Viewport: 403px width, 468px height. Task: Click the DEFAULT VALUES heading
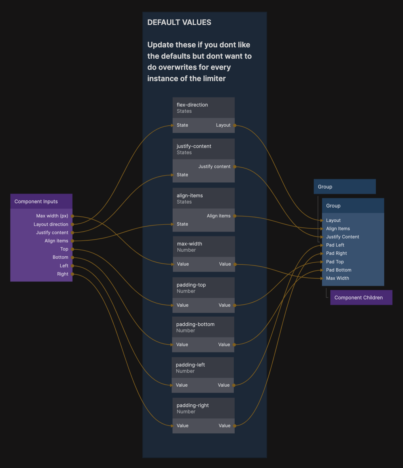click(x=179, y=22)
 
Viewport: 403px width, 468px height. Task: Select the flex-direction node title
click(x=192, y=105)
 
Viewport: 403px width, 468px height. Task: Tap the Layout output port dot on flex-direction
click(x=235, y=125)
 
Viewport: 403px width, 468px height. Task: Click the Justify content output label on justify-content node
click(x=214, y=166)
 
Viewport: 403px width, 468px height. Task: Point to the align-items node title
click(x=190, y=195)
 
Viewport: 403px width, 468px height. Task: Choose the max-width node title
click(x=189, y=244)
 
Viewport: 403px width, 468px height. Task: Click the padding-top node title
click(x=191, y=285)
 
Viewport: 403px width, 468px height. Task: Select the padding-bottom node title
click(x=195, y=324)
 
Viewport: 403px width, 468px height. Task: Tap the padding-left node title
click(x=190, y=365)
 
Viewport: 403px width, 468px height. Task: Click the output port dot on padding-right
click(x=235, y=426)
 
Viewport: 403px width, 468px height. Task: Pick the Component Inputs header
click(x=36, y=201)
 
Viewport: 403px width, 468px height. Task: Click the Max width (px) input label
click(x=52, y=216)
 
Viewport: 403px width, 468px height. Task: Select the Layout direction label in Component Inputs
click(x=51, y=224)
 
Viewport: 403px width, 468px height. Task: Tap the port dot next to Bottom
click(x=72, y=258)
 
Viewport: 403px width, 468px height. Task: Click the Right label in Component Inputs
click(x=63, y=274)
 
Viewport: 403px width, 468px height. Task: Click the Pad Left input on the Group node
click(x=335, y=245)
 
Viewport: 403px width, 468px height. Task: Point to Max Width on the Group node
click(x=337, y=278)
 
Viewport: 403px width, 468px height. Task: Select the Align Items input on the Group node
click(x=338, y=229)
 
